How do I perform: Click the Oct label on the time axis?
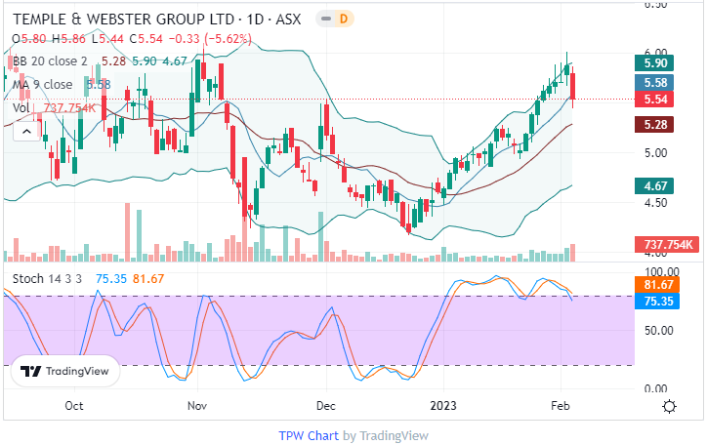point(73,405)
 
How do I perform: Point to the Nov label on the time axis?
point(198,405)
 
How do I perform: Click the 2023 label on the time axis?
point(445,405)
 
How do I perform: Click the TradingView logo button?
point(65,371)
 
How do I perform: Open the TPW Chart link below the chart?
point(309,435)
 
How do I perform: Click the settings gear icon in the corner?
point(670,406)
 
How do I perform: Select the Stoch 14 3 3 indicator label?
point(48,279)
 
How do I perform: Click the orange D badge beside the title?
point(344,19)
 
